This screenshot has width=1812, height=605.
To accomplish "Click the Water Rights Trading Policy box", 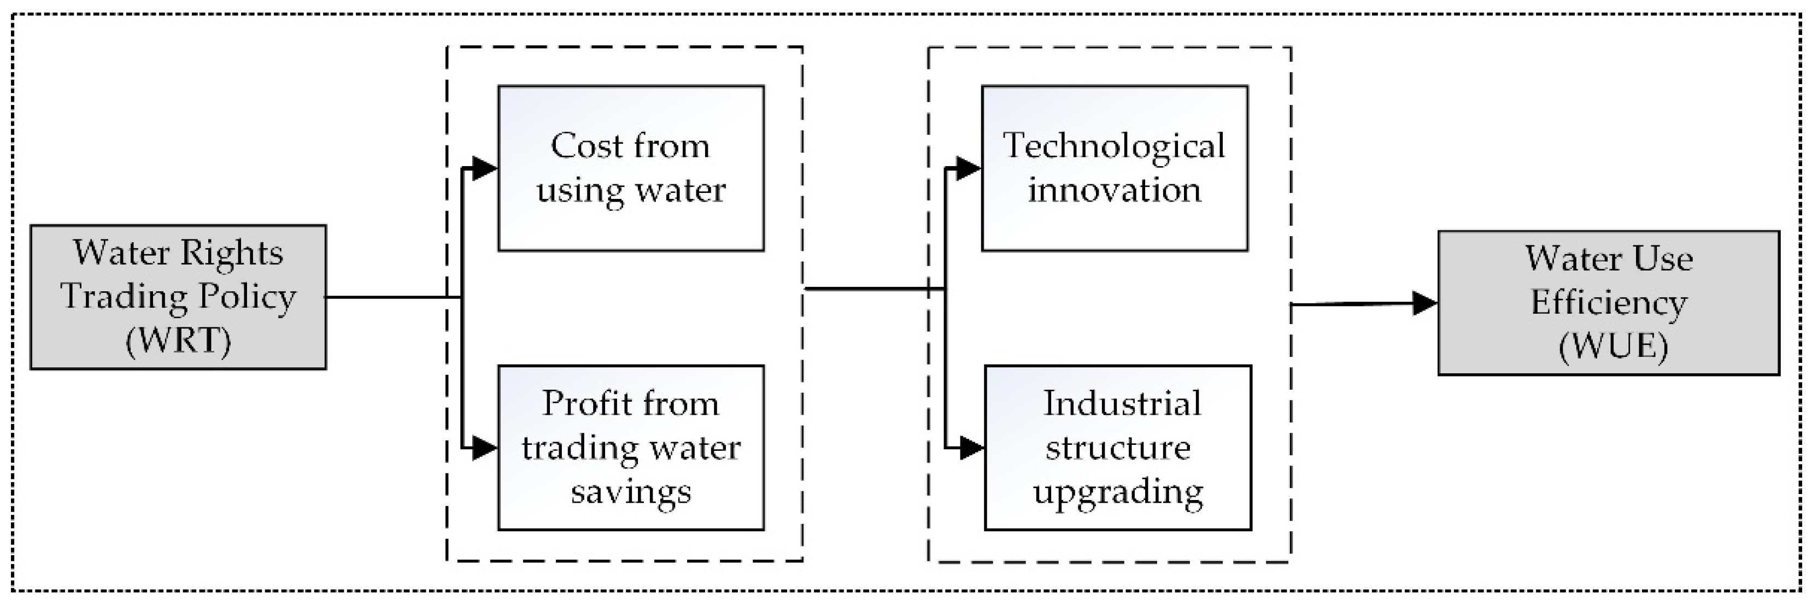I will pyautogui.click(x=178, y=297).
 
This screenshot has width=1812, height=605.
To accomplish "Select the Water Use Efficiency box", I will pyautogui.click(x=1609, y=303).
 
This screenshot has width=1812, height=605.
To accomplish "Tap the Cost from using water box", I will pyautogui.click(x=631, y=168).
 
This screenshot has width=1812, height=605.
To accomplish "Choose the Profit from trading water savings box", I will pyautogui.click(x=631, y=448).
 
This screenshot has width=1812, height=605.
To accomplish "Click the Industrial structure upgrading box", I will pyautogui.click(x=1117, y=448).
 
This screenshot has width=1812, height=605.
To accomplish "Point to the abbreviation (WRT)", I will pyautogui.click(x=178, y=341).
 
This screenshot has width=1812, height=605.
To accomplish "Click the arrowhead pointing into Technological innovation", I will pyautogui.click(x=969, y=168).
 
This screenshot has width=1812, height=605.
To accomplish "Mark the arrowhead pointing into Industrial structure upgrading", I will pyautogui.click(x=971, y=448).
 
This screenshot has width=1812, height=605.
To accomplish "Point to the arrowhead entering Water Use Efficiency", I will pyautogui.click(x=1424, y=303).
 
